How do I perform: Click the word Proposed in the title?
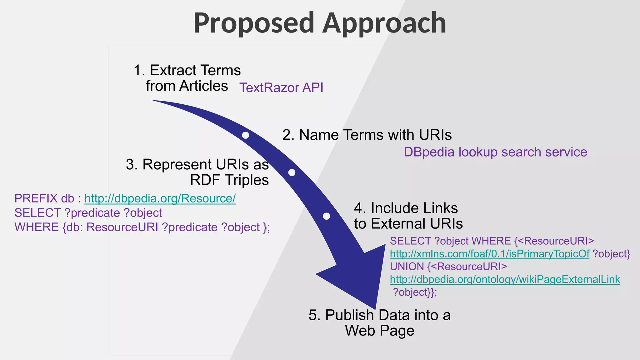pos(253,23)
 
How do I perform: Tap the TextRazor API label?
pos(281,87)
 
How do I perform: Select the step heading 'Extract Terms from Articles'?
pos(187,78)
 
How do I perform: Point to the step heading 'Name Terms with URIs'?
pos(367,135)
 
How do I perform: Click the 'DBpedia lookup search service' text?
pos(495,152)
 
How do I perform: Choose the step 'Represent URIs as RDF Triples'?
pos(197,172)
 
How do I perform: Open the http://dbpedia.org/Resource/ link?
pos(160,198)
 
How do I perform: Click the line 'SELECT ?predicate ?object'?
pos(88,213)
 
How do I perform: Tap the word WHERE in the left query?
pos(37,227)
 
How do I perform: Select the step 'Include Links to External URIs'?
pos(408,216)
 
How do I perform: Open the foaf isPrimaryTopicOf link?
pos(489,254)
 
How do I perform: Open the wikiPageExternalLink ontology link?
pos(505,279)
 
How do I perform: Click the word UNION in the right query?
pos(407,267)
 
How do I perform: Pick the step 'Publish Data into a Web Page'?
pos(379,323)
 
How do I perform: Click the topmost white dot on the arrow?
pos(246,135)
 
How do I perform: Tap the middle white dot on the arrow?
pos(292,172)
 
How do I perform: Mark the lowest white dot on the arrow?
pos(326,216)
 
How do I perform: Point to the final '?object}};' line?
pos(415,292)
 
